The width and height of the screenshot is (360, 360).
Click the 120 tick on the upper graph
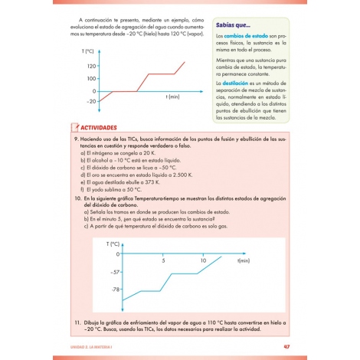tap(92, 67)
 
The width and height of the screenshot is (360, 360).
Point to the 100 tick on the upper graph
tap(92, 79)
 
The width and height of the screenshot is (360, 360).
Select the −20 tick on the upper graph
tap(91, 101)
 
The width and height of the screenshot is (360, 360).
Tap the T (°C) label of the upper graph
tap(88, 51)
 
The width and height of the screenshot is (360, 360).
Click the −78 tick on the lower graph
tap(116, 290)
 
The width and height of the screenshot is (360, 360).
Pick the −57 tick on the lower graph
tap(116, 272)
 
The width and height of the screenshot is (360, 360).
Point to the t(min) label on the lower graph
tap(244, 261)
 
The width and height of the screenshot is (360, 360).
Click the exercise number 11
tap(77, 321)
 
